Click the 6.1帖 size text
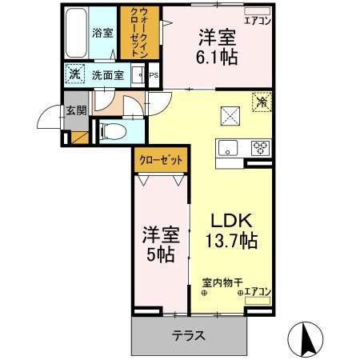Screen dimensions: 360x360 [x=218, y=57]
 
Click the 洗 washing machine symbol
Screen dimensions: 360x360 [x=74, y=75]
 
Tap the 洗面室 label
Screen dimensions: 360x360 [x=106, y=76]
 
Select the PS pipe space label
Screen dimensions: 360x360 [x=152, y=77]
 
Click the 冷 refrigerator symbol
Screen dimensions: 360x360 [x=262, y=102]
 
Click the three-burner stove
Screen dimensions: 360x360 [x=262, y=147]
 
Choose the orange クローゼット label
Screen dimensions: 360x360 [x=162, y=160]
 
